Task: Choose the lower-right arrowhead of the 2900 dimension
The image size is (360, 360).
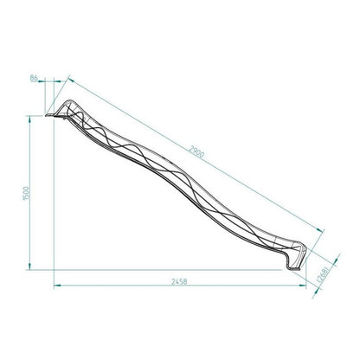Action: tap(325, 228)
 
